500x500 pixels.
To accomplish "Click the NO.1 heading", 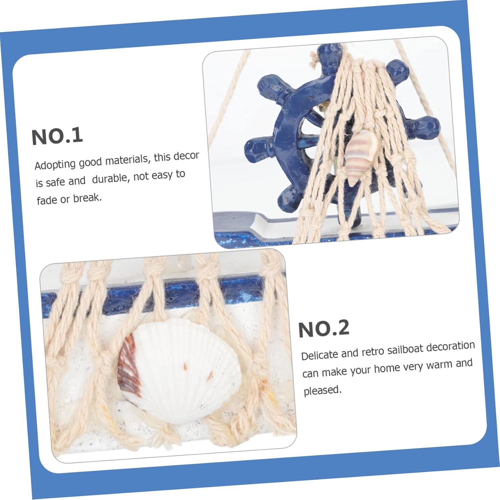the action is [57, 136].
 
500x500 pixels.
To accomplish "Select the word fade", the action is [47, 200].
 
